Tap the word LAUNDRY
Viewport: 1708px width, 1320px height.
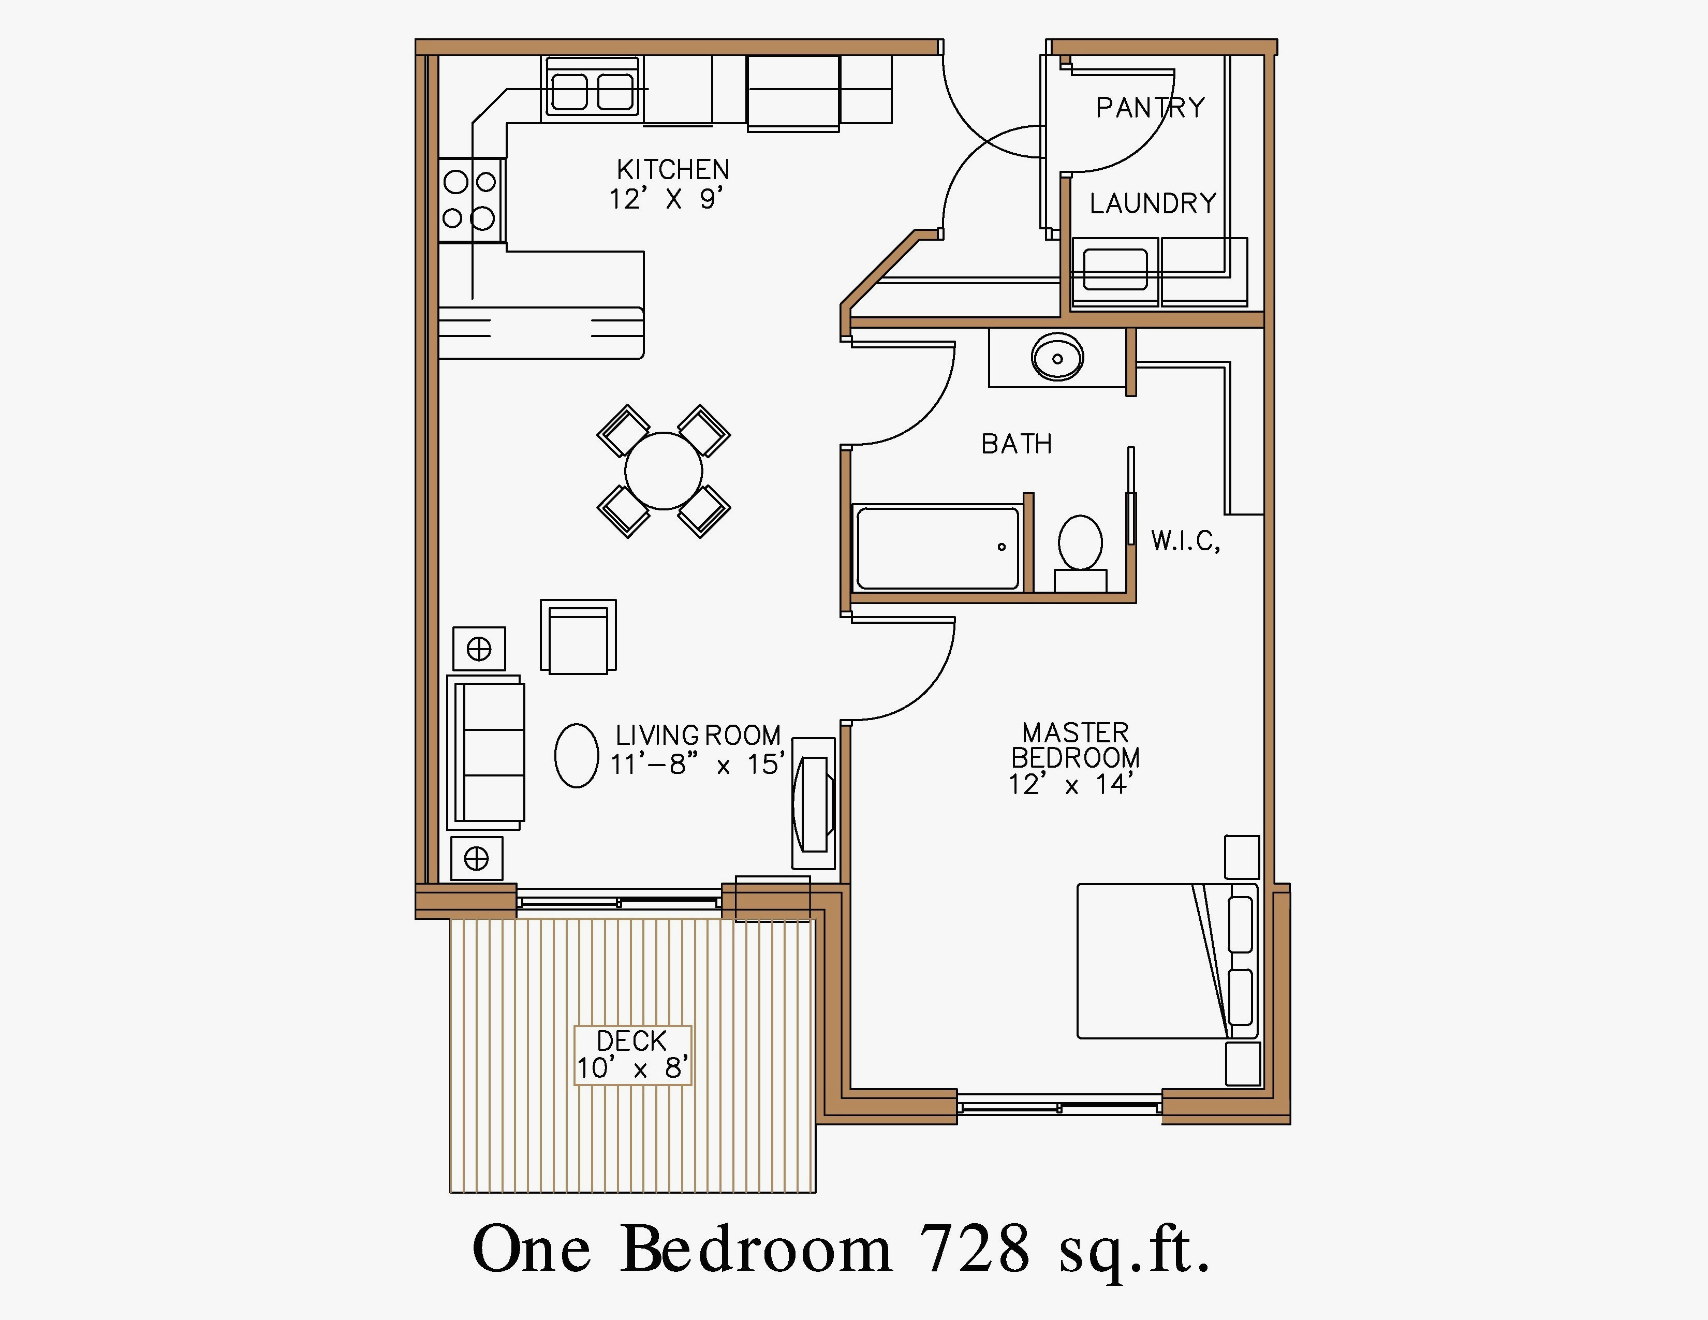point(1153,203)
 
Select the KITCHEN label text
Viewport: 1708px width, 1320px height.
point(672,170)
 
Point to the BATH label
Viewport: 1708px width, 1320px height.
point(1017,444)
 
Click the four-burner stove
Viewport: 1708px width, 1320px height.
point(471,200)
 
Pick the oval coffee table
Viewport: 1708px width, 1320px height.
point(577,755)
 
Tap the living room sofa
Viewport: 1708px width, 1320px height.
point(485,752)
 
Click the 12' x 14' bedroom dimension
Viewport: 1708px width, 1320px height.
point(1071,784)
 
